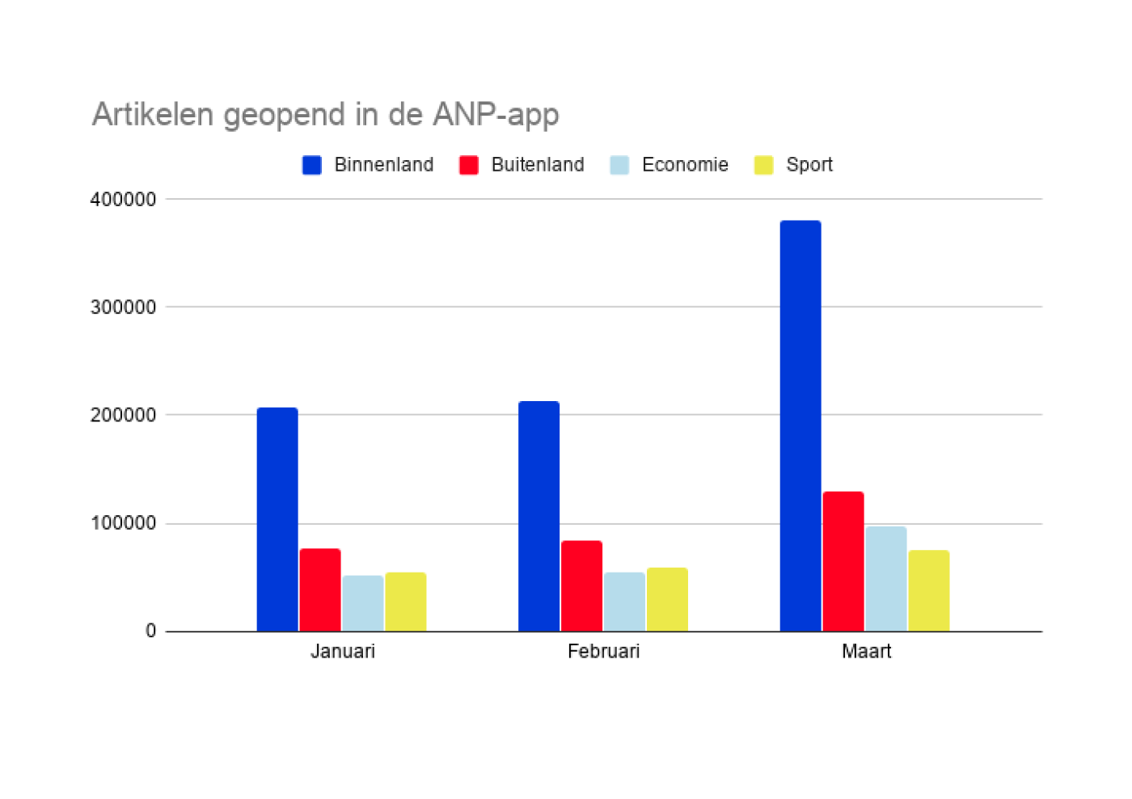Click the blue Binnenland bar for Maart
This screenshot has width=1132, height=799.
pyautogui.click(x=800, y=425)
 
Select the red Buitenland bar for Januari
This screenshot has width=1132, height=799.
pyautogui.click(x=320, y=590)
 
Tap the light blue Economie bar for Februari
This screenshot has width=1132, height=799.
pyautogui.click(x=624, y=602)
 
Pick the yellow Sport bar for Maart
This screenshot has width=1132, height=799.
pyautogui.click(x=929, y=590)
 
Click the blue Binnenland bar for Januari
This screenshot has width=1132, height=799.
pyautogui.click(x=277, y=519)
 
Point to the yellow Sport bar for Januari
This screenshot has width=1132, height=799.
pyautogui.click(x=406, y=602)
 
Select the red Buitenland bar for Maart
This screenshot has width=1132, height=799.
pyautogui.click(x=843, y=561)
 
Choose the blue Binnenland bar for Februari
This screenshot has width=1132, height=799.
pyautogui.click(x=539, y=516)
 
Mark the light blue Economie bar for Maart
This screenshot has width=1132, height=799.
pyautogui.click(x=886, y=579)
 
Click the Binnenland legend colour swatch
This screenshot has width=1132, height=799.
pyautogui.click(x=312, y=165)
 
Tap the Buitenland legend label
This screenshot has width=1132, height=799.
pyautogui.click(x=538, y=165)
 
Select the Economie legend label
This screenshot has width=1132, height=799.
pyautogui.click(x=685, y=165)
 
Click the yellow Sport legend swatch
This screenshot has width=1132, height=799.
pyautogui.click(x=763, y=165)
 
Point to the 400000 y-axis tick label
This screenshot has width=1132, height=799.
pyautogui.click(x=123, y=200)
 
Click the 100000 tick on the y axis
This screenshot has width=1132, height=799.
pyautogui.click(x=123, y=523)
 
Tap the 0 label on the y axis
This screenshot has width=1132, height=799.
pyautogui.click(x=150, y=631)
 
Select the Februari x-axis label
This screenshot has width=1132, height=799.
pyautogui.click(x=603, y=652)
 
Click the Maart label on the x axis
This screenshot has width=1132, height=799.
pyautogui.click(x=866, y=652)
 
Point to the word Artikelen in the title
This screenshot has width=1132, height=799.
pyautogui.click(x=153, y=114)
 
